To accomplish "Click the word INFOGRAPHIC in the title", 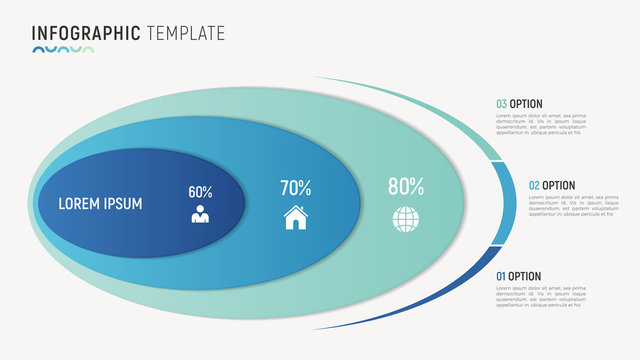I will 86,32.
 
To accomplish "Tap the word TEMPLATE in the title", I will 186,32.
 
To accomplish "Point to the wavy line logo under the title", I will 62,49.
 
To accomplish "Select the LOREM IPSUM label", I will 100,204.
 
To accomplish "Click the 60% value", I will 200,191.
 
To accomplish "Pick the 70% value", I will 295,187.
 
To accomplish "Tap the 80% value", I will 406,185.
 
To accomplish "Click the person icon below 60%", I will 200,215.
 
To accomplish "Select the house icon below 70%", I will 295,217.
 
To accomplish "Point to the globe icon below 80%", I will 405,218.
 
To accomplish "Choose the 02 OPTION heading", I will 551,185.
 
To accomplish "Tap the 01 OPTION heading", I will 519,276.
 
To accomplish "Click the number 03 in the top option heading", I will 502,103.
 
